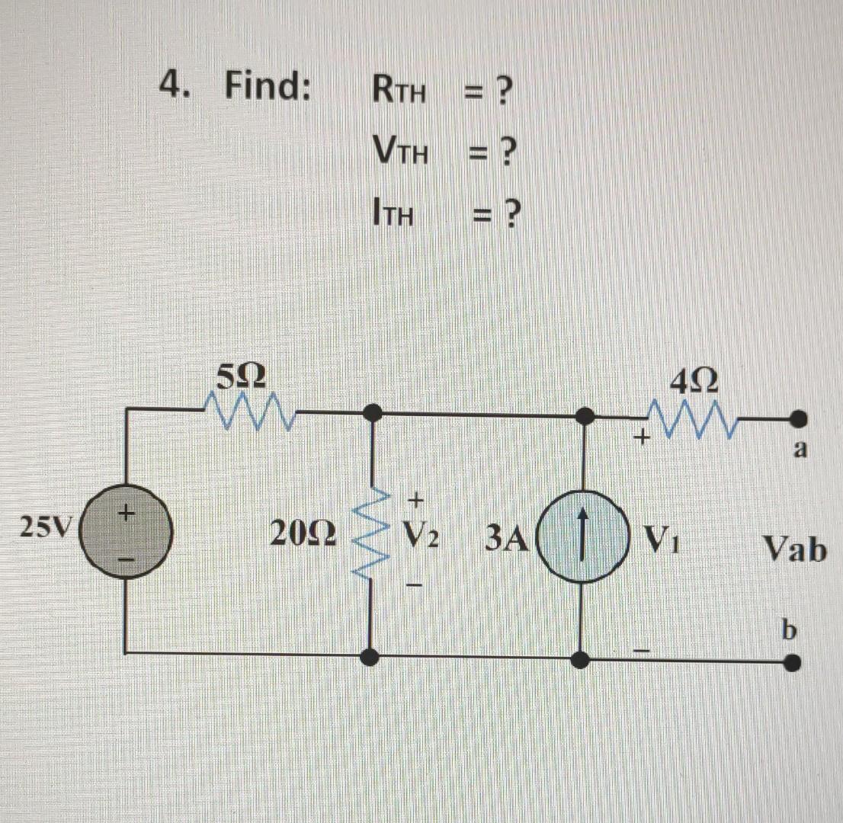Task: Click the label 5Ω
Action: tap(242, 376)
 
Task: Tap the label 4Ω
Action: tap(693, 380)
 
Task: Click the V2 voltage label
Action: tap(422, 540)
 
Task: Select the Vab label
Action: tap(795, 548)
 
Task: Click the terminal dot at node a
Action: tap(798, 418)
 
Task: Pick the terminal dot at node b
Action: tap(793, 662)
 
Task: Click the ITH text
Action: tap(393, 215)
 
